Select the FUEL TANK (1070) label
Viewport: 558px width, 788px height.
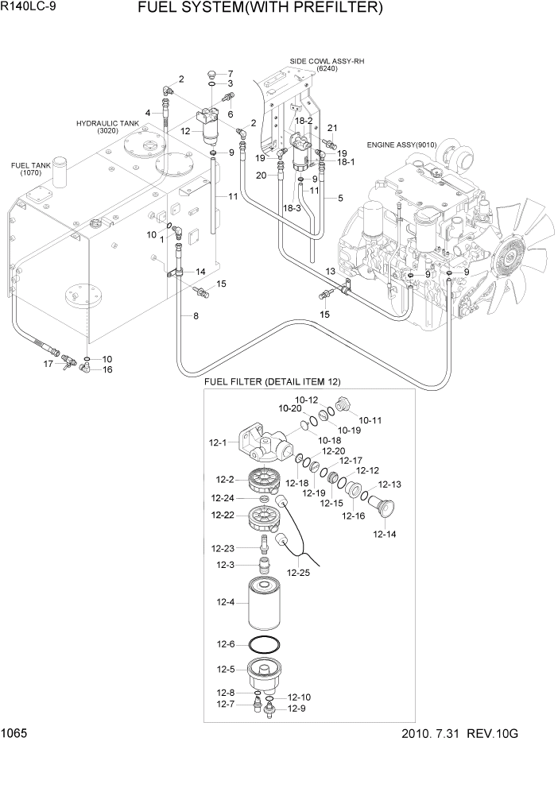point(26,169)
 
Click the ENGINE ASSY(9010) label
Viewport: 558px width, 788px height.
point(402,145)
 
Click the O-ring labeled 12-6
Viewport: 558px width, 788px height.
point(265,644)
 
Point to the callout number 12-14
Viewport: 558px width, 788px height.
point(384,535)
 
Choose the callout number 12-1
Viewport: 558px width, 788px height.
point(219,442)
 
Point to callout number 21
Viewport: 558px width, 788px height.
point(332,129)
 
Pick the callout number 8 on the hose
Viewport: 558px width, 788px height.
point(195,315)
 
